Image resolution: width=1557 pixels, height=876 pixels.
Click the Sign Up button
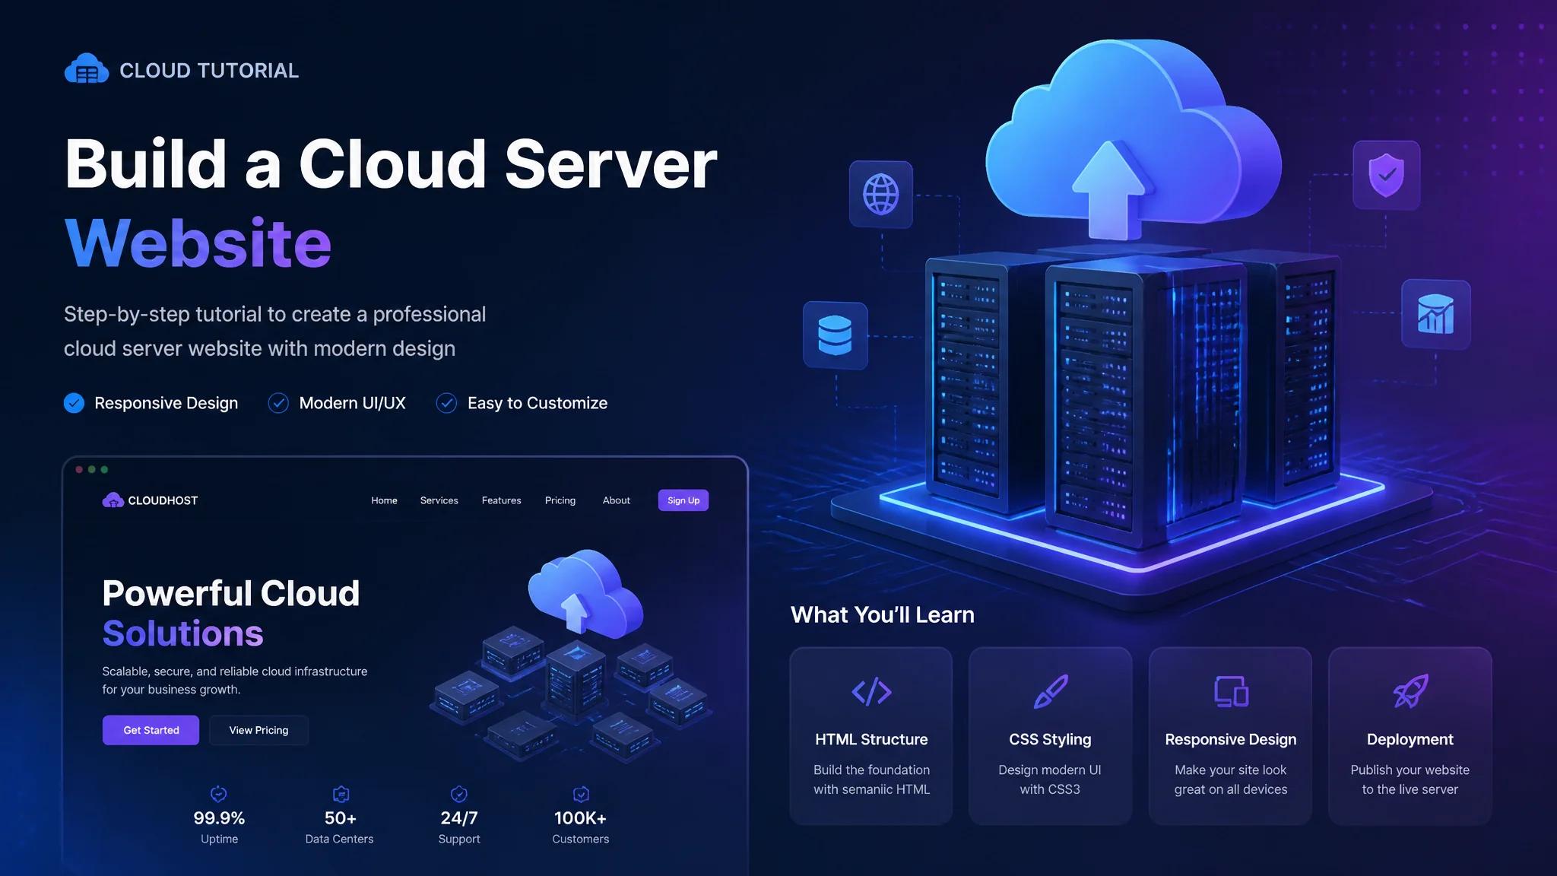[683, 500]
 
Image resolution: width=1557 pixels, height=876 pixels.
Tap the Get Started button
[151, 730]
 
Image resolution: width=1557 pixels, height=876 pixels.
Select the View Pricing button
[258, 730]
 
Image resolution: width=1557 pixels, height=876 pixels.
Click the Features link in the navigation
[501, 500]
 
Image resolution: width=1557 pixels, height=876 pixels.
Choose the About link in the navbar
[617, 500]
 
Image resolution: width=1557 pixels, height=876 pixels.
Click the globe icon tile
[881, 194]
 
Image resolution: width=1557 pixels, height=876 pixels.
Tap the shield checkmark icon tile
[1387, 175]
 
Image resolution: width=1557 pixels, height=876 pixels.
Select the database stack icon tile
[836, 335]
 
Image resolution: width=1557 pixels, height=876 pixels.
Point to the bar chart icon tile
[1435, 314]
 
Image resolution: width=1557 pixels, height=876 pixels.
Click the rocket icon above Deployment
[1410, 691]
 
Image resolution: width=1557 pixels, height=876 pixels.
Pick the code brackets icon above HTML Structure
[871, 691]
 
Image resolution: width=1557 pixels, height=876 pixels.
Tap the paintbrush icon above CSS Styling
[1051, 691]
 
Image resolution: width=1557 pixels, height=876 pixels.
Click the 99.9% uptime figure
[219, 818]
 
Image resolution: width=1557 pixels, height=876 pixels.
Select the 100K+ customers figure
[580, 818]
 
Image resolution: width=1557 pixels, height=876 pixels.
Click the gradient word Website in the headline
[198, 243]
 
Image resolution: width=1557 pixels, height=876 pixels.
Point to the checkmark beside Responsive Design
[74, 403]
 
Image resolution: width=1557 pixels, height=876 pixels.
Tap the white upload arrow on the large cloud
[1109, 190]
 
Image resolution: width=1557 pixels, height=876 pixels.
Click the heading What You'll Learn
[883, 614]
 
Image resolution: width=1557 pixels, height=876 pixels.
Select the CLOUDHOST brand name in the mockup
[163, 500]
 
